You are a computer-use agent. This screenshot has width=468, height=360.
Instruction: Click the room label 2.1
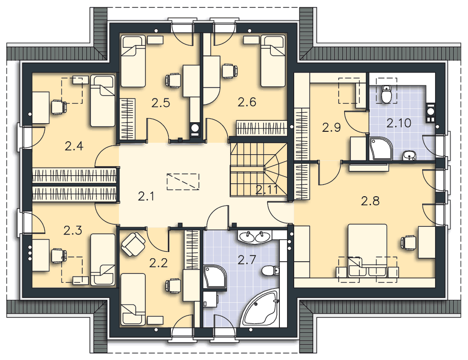click(146, 197)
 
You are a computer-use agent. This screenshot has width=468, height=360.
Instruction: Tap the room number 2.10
click(399, 123)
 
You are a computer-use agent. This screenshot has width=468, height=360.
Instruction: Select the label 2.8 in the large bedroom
click(371, 201)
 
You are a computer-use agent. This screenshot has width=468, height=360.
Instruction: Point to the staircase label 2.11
click(267, 190)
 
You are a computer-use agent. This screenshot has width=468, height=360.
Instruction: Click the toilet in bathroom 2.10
click(386, 94)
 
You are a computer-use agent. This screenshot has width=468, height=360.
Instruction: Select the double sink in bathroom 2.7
click(255, 237)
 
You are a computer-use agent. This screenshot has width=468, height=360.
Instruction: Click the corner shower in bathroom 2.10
click(381, 148)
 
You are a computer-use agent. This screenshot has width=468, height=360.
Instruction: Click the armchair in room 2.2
click(133, 244)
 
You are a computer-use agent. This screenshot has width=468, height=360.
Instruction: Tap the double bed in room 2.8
click(367, 250)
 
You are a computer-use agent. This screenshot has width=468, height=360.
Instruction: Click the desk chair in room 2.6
click(230, 71)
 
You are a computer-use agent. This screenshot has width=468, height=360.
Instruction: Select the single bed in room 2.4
click(103, 101)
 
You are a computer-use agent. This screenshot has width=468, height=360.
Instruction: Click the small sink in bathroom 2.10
click(409, 156)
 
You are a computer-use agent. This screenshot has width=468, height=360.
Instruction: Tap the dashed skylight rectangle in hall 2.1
click(183, 182)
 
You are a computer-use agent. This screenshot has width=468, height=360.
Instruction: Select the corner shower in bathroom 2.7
click(215, 277)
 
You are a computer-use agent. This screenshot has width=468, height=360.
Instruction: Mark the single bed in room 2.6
click(273, 61)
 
